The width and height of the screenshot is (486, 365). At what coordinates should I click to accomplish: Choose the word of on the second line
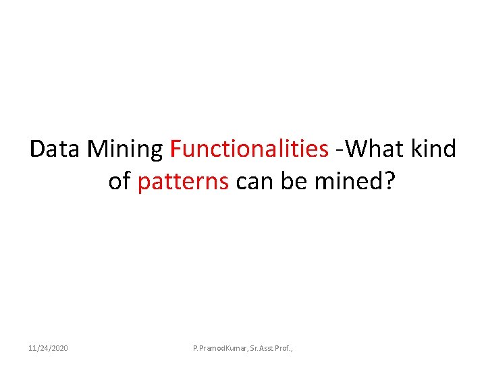pyautogui.click(x=119, y=182)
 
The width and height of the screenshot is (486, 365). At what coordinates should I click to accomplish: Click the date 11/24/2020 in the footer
pyautogui.click(x=48, y=348)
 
